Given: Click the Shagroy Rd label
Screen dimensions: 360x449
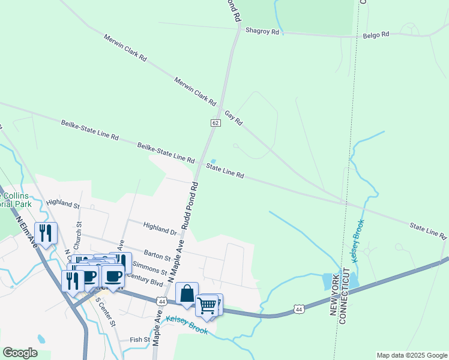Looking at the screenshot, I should pyautogui.click(x=262, y=31).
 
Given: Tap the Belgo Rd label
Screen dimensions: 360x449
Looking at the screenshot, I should pyautogui.click(x=376, y=35).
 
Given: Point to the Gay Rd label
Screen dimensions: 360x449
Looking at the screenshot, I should pyautogui.click(x=233, y=118).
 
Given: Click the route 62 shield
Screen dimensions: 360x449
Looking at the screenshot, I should pyautogui.click(x=215, y=123).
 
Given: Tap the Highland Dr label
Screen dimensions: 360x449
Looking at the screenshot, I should pyautogui.click(x=160, y=228).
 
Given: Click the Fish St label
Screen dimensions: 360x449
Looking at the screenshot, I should pyautogui.click(x=140, y=340).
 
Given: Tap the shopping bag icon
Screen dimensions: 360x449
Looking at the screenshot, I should pyautogui.click(x=187, y=293).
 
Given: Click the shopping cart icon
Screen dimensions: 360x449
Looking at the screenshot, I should pyautogui.click(x=206, y=305).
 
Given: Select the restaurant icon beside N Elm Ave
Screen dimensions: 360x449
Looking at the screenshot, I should pyautogui.click(x=46, y=232).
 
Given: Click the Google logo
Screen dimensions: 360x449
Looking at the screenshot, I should pyautogui.click(x=20, y=353).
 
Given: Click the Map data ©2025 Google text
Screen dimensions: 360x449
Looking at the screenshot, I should pyautogui.click(x=412, y=355).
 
